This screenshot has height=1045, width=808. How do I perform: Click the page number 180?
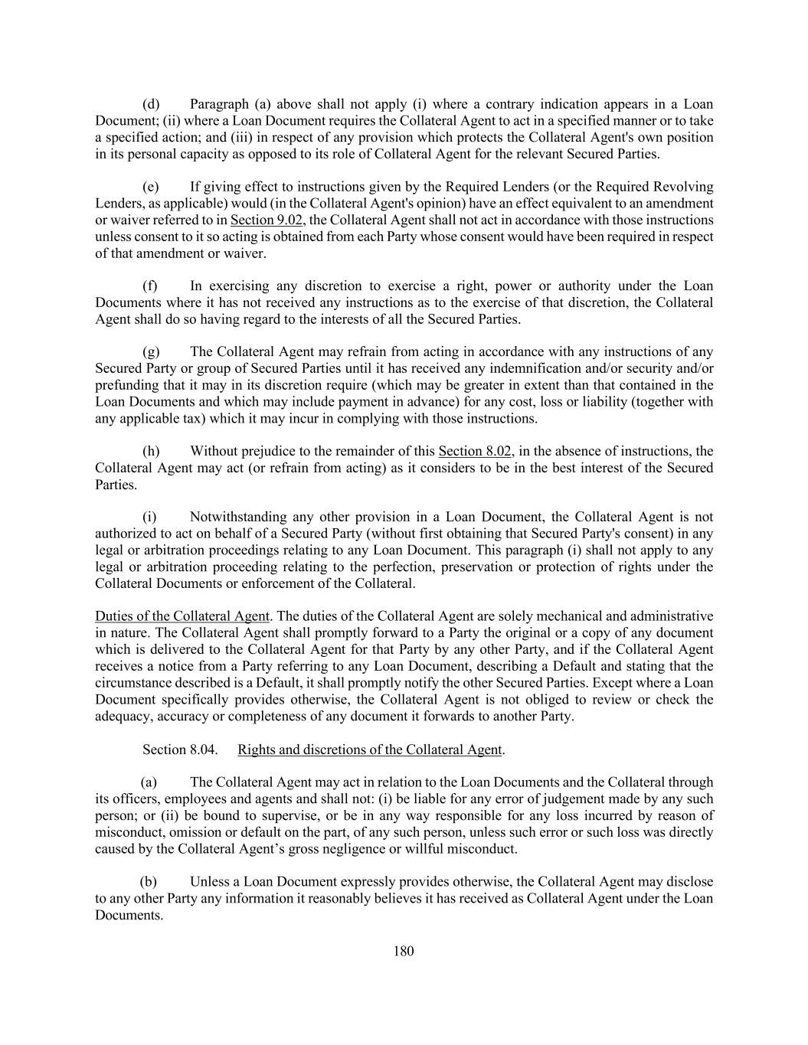(x=404, y=951)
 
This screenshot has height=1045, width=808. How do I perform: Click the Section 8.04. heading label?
(x=180, y=749)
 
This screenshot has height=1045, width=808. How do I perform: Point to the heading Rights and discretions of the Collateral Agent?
(x=371, y=749)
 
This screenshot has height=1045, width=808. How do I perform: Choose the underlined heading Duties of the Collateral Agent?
(x=182, y=616)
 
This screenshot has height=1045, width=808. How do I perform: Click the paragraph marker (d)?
(x=151, y=104)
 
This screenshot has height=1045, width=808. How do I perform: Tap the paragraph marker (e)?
(x=151, y=187)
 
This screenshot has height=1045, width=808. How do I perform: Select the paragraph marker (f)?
(x=150, y=286)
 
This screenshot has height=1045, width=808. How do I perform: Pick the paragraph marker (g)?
(x=151, y=352)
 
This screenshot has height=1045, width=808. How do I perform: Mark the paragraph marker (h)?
(x=151, y=451)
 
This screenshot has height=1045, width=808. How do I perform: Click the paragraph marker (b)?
(x=149, y=882)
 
